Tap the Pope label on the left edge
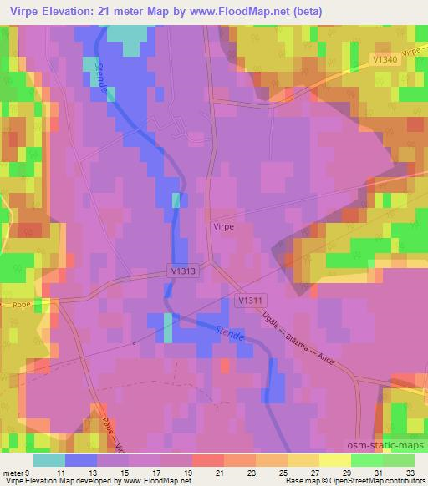(21, 306)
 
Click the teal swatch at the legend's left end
(48, 459)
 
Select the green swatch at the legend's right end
(399, 459)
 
